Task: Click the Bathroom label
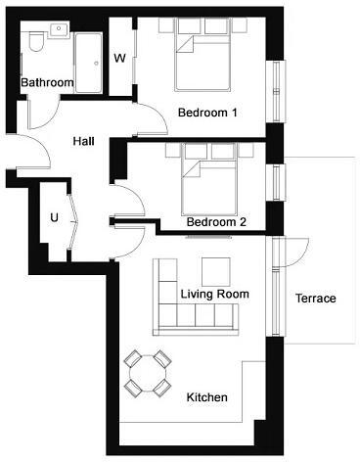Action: point(48,83)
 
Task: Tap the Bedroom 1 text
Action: point(207,113)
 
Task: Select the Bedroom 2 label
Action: point(215,222)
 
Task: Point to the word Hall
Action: point(84,141)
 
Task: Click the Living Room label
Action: point(214,294)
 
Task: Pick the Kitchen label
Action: point(206,397)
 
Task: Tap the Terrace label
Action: point(315,299)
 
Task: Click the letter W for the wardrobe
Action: point(119,59)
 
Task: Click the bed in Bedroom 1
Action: point(204,59)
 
